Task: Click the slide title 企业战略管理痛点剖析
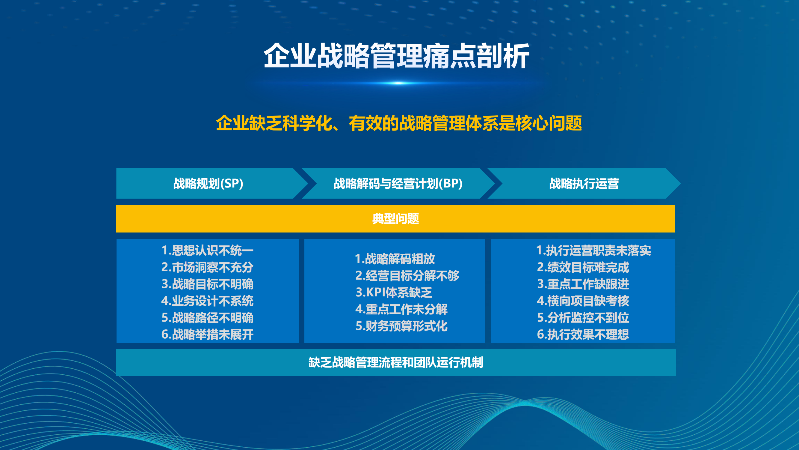point(397,56)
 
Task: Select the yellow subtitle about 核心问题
point(399,123)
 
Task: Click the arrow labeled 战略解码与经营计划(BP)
point(398,184)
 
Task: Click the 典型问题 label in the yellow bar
point(396,219)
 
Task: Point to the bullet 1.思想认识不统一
point(208,250)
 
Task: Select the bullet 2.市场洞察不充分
point(208,267)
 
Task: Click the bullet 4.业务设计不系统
point(208,301)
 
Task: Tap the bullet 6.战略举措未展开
point(208,334)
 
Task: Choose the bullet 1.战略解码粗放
point(395,259)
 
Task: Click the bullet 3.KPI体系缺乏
point(394,292)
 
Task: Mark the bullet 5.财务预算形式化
point(402,326)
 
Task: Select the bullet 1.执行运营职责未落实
point(594,250)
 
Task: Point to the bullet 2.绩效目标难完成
point(583,267)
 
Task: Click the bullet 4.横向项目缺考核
point(583,301)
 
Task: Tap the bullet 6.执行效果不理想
point(583,334)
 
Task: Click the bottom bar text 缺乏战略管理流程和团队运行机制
point(396,362)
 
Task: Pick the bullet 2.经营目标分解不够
point(407,275)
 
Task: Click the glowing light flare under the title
point(399,83)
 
